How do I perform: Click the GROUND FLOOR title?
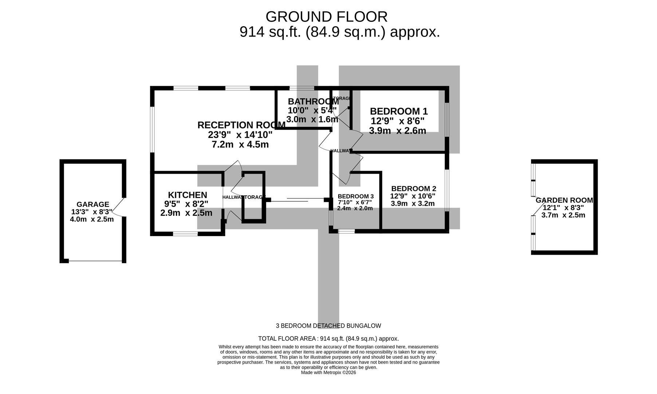(x=326, y=17)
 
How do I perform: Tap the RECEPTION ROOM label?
(x=241, y=125)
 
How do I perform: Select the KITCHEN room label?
(x=187, y=195)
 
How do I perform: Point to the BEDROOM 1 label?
(x=398, y=111)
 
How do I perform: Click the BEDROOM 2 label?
(x=413, y=189)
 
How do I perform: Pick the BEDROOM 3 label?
(x=355, y=196)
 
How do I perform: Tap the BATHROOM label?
(x=313, y=101)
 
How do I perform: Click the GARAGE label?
(x=93, y=204)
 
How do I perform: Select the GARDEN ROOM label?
(x=564, y=200)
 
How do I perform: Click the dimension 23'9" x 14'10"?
(x=240, y=135)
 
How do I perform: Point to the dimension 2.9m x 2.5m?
(x=186, y=213)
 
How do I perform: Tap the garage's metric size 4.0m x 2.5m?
(x=92, y=219)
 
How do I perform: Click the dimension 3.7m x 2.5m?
(x=563, y=215)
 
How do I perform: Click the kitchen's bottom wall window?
(x=185, y=234)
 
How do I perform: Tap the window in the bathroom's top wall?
(x=302, y=88)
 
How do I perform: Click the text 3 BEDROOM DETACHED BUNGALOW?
(x=328, y=326)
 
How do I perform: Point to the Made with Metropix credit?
(x=328, y=372)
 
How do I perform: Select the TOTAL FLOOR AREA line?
(x=328, y=339)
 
